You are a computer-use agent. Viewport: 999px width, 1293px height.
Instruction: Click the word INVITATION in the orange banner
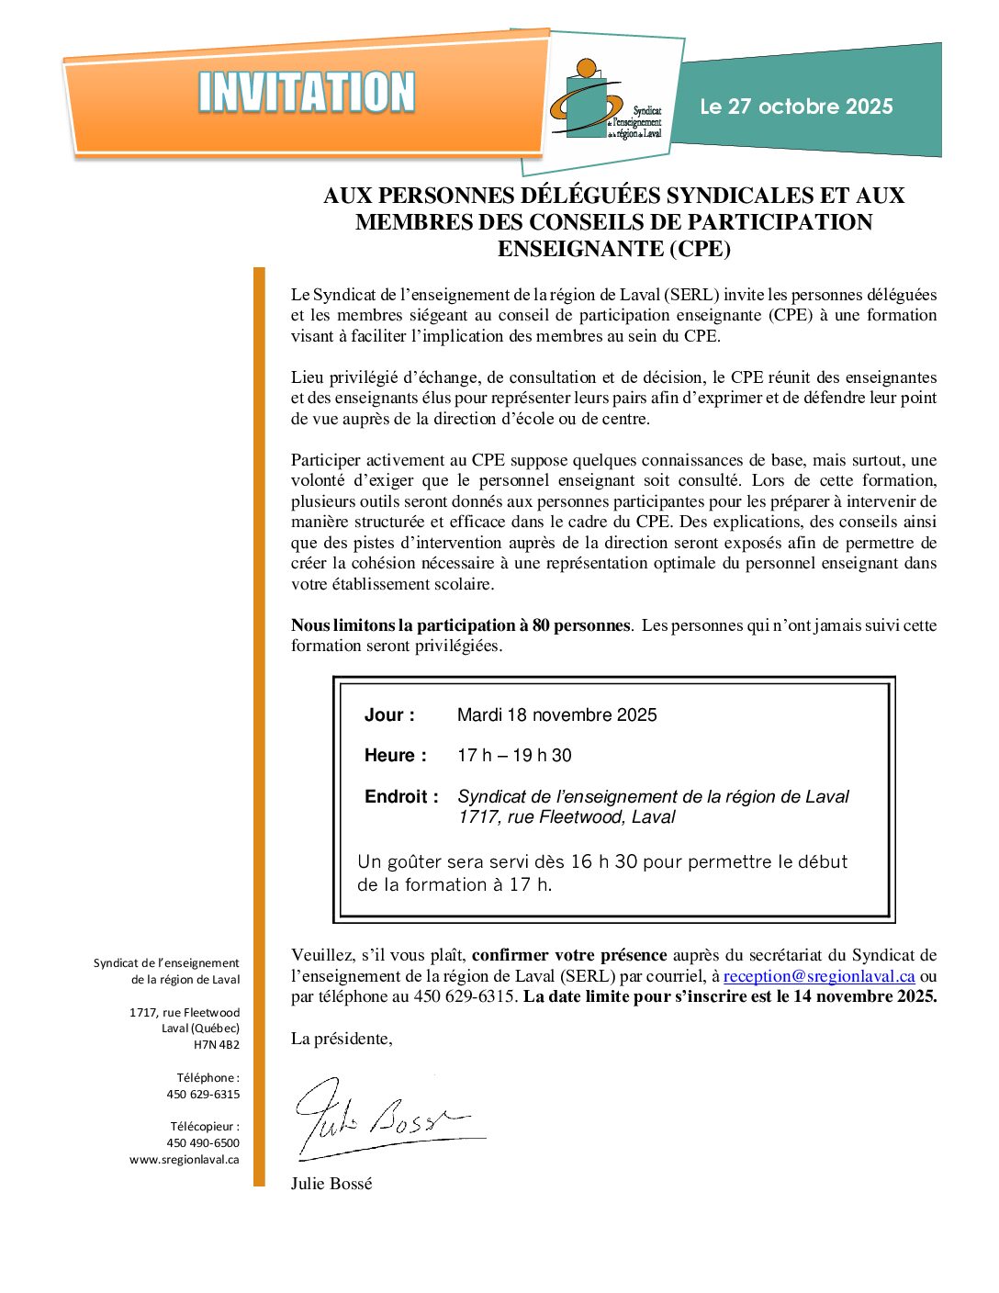point(307,93)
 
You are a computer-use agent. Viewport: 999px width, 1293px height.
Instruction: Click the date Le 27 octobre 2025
point(796,107)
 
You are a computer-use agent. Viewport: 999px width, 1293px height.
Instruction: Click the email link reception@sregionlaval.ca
point(819,976)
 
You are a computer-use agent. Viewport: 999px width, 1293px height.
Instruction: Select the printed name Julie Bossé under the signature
point(331,1184)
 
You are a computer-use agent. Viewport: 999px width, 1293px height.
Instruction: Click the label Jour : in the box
point(389,715)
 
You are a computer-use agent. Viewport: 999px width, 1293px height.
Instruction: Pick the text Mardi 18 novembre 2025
point(556,715)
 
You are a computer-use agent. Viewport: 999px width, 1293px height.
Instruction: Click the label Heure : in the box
point(395,756)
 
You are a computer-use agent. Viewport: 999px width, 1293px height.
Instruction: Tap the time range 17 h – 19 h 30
point(514,756)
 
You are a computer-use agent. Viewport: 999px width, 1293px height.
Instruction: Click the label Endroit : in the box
point(401,797)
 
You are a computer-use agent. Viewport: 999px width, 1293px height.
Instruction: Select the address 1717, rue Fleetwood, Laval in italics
point(567,817)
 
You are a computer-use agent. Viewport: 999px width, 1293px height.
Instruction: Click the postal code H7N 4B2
point(217,1045)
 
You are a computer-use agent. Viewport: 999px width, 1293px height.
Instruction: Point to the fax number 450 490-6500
point(203,1143)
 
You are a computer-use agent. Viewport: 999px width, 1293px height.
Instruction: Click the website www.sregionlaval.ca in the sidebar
point(185,1160)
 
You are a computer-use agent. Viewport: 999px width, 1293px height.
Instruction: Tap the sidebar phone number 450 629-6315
point(203,1095)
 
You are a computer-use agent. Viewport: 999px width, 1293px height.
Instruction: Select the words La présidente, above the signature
point(342,1039)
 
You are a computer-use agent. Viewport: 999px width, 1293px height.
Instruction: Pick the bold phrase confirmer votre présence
point(569,955)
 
